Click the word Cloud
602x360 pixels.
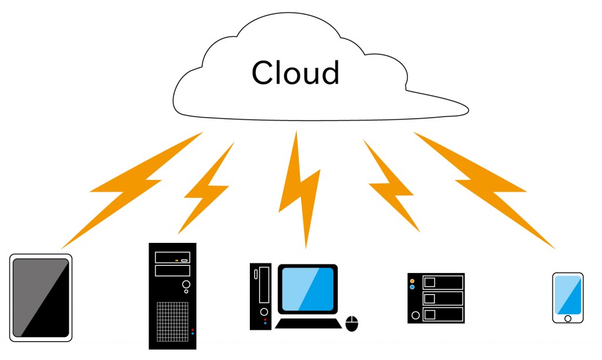click(x=295, y=72)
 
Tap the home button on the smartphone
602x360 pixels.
click(x=567, y=318)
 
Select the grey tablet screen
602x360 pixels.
click(x=41, y=297)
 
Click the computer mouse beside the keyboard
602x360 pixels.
click(x=352, y=323)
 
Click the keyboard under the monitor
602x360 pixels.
click(x=308, y=323)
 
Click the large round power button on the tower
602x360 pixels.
click(x=186, y=285)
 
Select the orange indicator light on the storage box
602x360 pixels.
click(x=412, y=281)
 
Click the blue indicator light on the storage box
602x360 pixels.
click(x=412, y=288)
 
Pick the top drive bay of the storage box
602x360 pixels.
click(x=442, y=282)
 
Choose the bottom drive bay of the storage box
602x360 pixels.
click(x=442, y=314)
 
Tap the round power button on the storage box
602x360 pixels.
click(x=416, y=315)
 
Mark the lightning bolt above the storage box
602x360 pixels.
click(x=391, y=185)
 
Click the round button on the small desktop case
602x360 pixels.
click(x=264, y=311)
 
